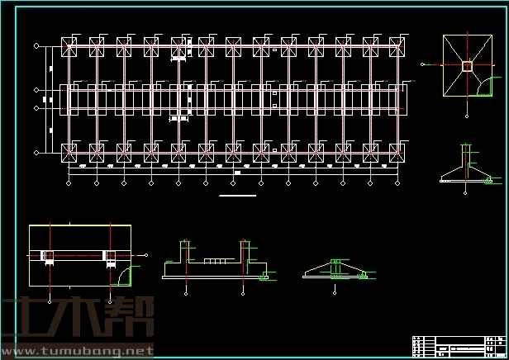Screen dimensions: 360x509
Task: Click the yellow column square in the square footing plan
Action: tap(467, 66)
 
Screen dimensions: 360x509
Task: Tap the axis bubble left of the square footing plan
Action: tap(423, 66)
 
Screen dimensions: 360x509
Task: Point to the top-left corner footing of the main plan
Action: tap(69, 47)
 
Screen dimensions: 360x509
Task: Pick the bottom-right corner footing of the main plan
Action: tap(398, 151)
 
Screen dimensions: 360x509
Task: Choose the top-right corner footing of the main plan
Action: tap(398, 47)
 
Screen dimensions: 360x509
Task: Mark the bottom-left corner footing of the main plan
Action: tap(69, 151)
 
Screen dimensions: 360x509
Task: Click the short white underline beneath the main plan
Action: tap(237, 197)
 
